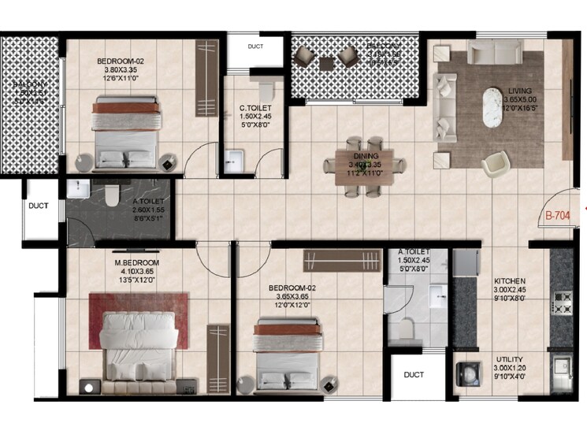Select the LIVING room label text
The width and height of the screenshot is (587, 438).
click(x=520, y=91)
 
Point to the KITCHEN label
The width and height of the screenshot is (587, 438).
click(x=510, y=281)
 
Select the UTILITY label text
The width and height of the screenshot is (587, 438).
click(x=509, y=358)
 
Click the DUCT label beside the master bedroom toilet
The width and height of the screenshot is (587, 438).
click(x=39, y=206)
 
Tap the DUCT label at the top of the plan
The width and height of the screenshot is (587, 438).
click(x=254, y=46)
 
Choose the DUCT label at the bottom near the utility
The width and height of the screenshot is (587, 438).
click(x=414, y=375)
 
